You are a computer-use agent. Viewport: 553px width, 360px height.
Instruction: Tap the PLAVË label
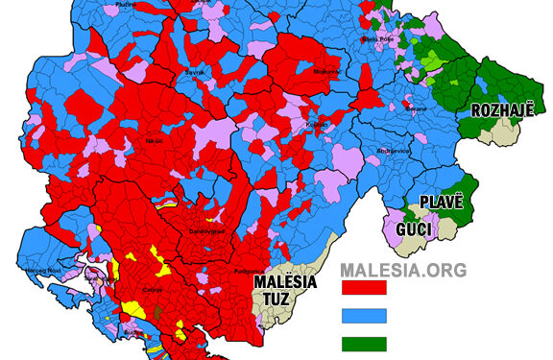pos(442,203)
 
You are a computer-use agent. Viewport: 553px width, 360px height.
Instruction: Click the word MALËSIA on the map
pos(288,281)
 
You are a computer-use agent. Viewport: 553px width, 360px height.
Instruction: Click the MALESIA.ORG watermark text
pos(403,271)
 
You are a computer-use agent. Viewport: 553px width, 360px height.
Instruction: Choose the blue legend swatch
pos(364,315)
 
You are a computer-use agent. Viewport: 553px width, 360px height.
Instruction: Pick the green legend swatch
pos(364,343)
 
